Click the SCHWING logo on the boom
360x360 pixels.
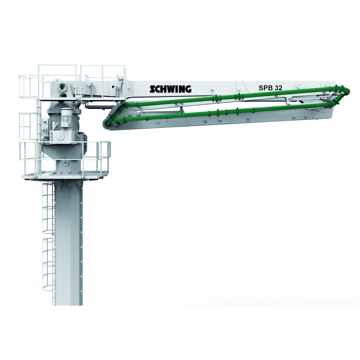point(171,89)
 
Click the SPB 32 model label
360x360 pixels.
point(270,88)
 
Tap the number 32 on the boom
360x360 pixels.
point(279,88)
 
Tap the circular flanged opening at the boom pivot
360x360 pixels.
point(62,87)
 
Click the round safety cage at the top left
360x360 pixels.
point(29,86)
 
